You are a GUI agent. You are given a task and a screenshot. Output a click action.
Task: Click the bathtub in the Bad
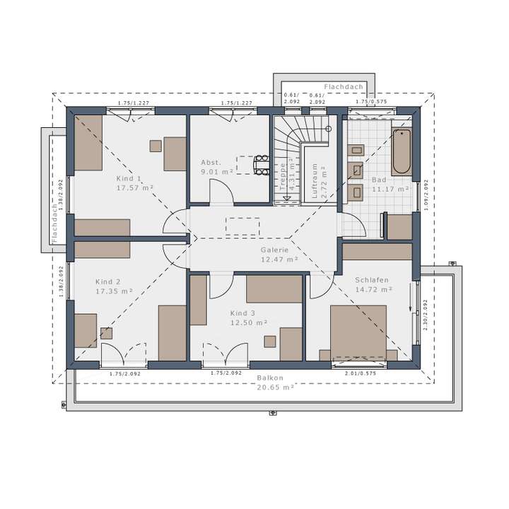click(x=401, y=151)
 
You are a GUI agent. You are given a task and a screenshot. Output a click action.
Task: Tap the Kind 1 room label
click(x=129, y=179)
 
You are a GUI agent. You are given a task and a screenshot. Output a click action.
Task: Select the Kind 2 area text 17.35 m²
click(x=115, y=291)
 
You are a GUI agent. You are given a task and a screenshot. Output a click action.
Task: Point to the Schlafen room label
click(x=373, y=280)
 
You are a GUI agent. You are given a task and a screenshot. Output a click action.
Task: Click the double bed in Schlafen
click(x=358, y=332)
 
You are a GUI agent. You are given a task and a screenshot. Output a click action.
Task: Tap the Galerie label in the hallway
click(x=274, y=250)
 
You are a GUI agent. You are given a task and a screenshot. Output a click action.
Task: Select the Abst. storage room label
click(x=211, y=162)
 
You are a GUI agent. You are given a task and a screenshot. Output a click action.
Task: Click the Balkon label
click(x=270, y=378)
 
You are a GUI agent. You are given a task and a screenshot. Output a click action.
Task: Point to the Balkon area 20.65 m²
click(x=276, y=387)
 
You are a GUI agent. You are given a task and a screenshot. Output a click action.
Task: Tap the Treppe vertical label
click(x=283, y=177)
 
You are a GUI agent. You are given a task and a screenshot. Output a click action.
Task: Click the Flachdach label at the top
click(x=344, y=86)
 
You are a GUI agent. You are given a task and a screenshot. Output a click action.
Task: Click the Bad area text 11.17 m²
click(x=391, y=189)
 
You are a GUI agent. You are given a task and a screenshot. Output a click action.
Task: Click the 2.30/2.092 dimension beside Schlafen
click(x=425, y=314)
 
